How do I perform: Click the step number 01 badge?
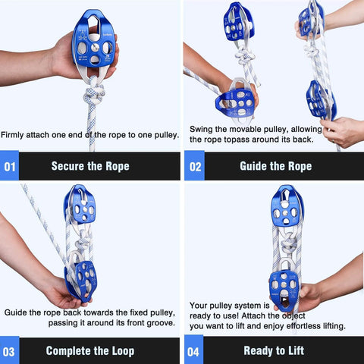[9, 166]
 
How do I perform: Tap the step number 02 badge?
[194, 166]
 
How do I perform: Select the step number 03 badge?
[9, 351]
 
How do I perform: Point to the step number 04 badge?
[193, 350]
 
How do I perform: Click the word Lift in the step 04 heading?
[297, 350]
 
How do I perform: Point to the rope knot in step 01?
[94, 94]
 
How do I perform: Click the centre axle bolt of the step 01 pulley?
[96, 47]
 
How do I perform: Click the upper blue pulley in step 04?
[286, 207]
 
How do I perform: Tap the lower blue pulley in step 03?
[81, 281]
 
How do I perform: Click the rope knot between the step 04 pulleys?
[289, 243]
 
